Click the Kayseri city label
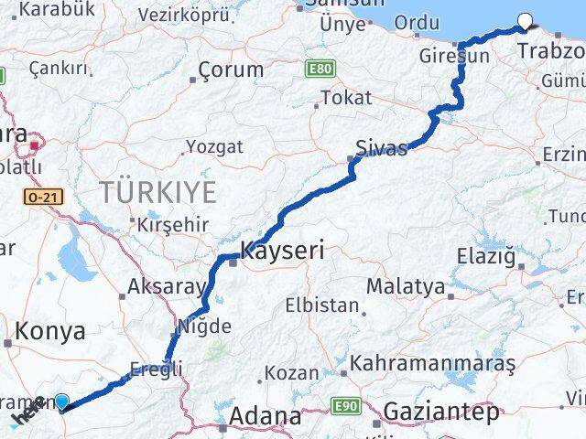click(x=282, y=250)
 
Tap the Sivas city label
click(x=381, y=148)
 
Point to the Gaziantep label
click(x=442, y=412)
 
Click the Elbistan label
click(x=321, y=305)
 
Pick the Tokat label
click(x=347, y=97)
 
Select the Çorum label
click(x=231, y=70)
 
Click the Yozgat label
click(x=214, y=146)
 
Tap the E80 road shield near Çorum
click(x=320, y=70)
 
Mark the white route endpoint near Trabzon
click(x=526, y=23)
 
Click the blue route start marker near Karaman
click(x=61, y=401)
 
